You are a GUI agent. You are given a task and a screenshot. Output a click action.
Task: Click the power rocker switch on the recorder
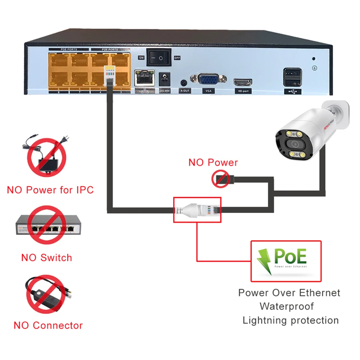click(158, 57)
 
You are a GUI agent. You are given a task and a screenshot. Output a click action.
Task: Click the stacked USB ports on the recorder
click(291, 77)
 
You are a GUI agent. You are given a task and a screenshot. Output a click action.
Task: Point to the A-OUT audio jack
click(185, 82)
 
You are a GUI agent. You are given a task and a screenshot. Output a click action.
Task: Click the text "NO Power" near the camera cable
click(213, 162)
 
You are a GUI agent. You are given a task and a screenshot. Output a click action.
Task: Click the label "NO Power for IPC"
click(50, 190)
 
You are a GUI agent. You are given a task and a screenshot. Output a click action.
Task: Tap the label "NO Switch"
click(46, 258)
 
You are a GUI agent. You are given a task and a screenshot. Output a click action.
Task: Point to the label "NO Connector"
click(48, 325)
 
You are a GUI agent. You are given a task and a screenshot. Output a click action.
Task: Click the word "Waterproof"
click(287, 306)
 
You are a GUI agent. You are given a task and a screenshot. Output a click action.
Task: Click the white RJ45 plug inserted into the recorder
click(109, 75)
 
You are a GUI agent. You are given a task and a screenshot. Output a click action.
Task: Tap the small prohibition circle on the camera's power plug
click(220, 179)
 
